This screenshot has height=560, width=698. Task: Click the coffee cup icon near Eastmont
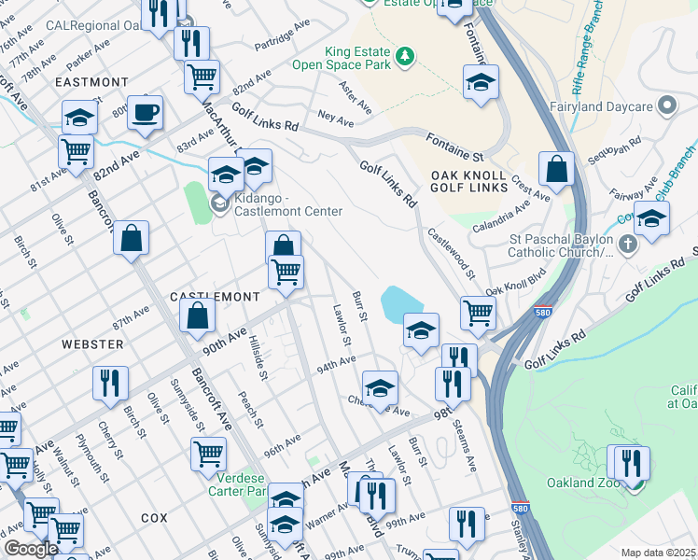click(x=144, y=113)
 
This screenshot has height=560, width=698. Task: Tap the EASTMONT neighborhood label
click(x=91, y=82)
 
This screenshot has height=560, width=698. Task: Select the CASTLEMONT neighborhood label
click(x=215, y=296)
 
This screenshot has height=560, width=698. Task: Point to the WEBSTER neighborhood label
click(x=92, y=344)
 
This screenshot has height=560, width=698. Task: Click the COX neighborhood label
click(x=154, y=516)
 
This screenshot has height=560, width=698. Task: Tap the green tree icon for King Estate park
click(x=404, y=57)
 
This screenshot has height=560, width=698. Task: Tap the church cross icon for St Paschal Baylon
click(x=627, y=245)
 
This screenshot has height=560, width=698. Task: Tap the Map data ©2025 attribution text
click(x=659, y=553)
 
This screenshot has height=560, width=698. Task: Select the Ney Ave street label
click(x=335, y=120)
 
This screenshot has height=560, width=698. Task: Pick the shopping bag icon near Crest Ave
click(x=556, y=170)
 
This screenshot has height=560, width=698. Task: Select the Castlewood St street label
click(x=451, y=252)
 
